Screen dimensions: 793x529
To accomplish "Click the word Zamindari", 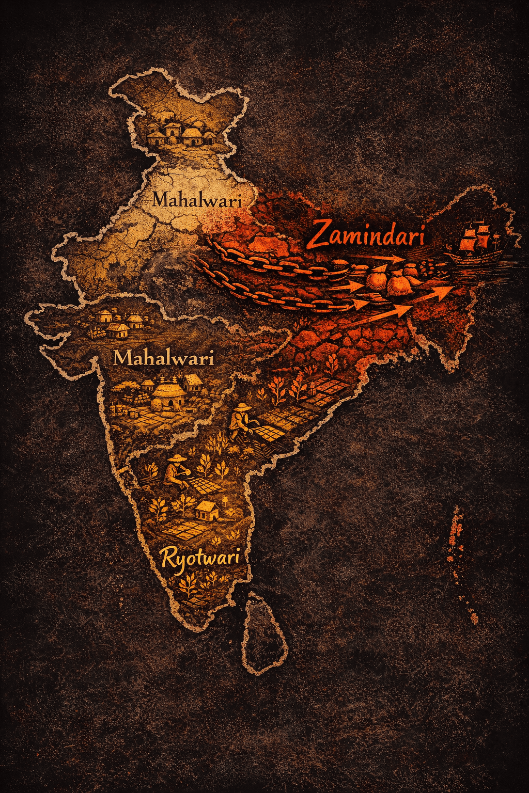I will [x=367, y=235].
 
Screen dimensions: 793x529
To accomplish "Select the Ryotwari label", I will [x=200, y=558].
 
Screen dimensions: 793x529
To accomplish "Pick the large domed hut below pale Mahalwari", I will [x=166, y=395].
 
